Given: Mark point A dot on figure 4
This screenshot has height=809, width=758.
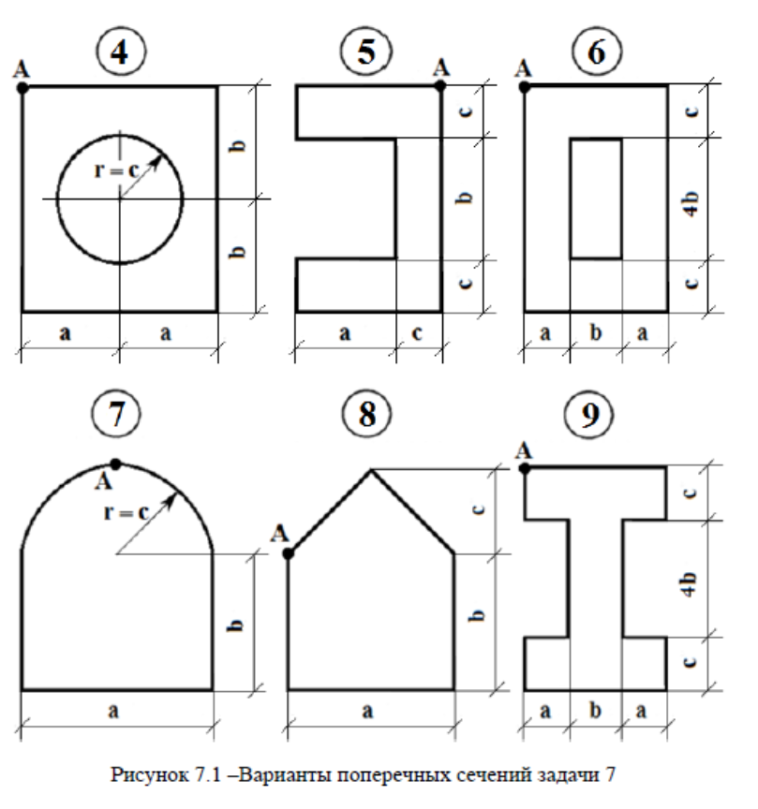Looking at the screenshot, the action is [22, 87].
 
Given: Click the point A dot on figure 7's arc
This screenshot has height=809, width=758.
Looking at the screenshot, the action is [116, 463].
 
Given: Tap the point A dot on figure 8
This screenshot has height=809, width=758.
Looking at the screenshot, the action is [289, 554].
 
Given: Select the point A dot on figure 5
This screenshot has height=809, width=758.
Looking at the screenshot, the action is [440, 86].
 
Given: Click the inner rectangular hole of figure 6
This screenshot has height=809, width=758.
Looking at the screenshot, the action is [596, 198].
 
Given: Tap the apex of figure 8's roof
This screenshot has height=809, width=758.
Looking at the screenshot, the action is [372, 470].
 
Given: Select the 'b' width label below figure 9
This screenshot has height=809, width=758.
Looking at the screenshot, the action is [595, 711].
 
